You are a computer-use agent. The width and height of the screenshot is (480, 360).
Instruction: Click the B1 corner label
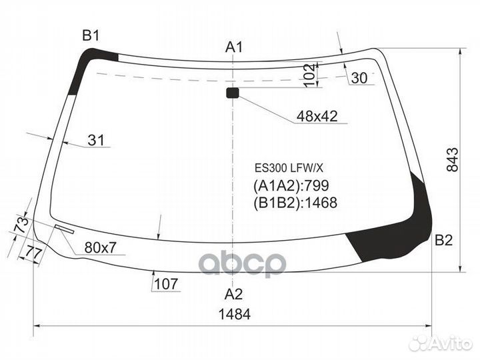pyautogui.click(x=91, y=36)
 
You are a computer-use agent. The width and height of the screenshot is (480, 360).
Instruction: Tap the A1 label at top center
pyautogui.click(x=234, y=47)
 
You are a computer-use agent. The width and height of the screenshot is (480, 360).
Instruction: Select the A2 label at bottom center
pyautogui.click(x=233, y=294)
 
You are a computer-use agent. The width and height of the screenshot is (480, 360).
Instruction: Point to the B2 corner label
pyautogui.click(x=444, y=241)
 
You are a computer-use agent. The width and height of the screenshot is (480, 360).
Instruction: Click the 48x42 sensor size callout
pyautogui.click(x=317, y=117)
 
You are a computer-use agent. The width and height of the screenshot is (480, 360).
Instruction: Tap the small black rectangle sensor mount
pyautogui.click(x=232, y=93)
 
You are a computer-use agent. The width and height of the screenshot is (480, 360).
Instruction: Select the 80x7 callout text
pyautogui.click(x=101, y=248)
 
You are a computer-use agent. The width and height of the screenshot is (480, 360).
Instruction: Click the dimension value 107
pyautogui.click(x=166, y=284)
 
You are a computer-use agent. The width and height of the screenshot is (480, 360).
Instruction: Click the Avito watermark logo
pyautogui.click(x=441, y=343)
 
